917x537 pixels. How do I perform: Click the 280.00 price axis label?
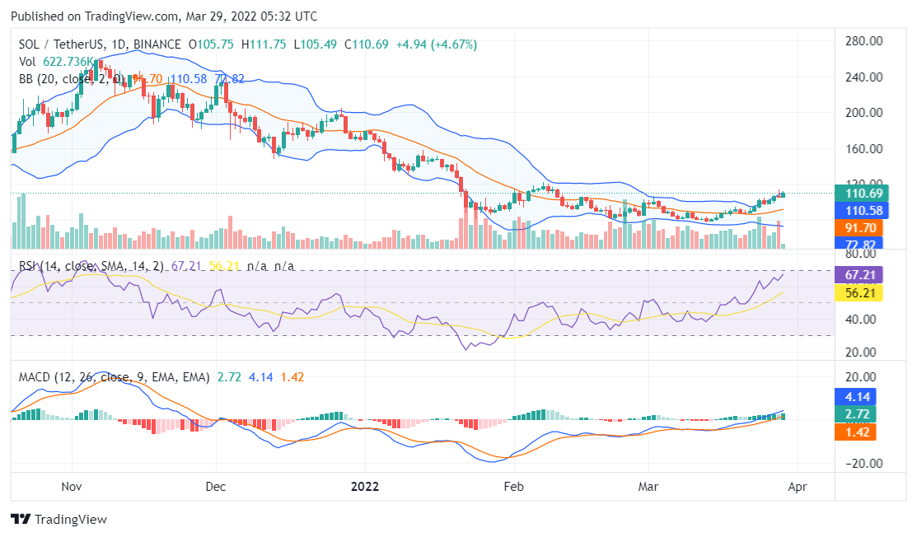(x=865, y=41)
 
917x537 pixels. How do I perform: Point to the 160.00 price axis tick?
(x=865, y=149)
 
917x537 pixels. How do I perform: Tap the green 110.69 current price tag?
(x=865, y=194)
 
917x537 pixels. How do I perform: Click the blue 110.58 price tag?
(x=865, y=210)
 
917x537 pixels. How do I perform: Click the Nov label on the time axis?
(x=73, y=487)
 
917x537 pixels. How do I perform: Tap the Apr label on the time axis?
(x=798, y=487)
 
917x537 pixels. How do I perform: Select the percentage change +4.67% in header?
(x=447, y=44)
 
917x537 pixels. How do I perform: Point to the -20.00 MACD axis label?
(x=865, y=463)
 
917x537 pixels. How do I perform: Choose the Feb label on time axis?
(x=514, y=487)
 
